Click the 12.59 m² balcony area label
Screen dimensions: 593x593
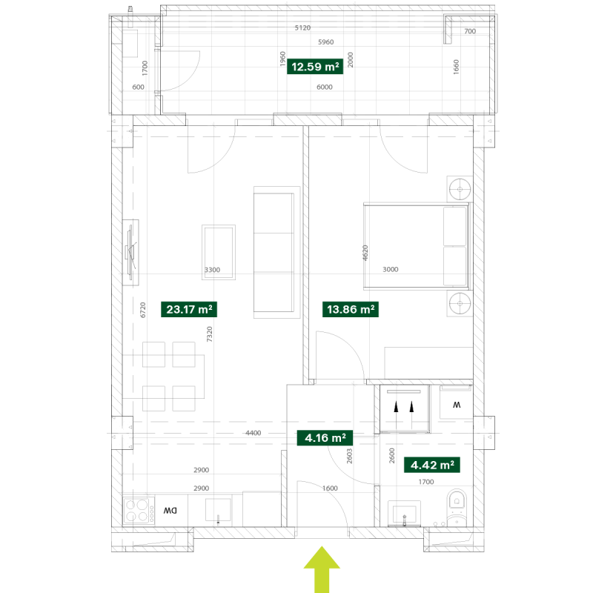(x=315, y=67)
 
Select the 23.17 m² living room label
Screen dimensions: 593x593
(x=189, y=309)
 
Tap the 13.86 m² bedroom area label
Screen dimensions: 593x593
(x=351, y=309)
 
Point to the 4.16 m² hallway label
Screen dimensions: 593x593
(x=325, y=438)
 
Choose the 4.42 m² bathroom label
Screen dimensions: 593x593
(x=432, y=465)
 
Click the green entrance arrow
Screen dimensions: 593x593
(x=322, y=569)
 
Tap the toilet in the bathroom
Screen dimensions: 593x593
(x=457, y=508)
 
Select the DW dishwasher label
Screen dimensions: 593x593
(x=170, y=511)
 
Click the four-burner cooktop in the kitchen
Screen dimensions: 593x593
(x=139, y=511)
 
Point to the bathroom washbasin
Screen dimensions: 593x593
(x=404, y=513)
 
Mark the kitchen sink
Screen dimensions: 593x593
(x=218, y=510)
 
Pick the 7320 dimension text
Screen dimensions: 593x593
(x=210, y=334)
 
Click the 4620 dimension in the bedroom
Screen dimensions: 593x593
(x=365, y=253)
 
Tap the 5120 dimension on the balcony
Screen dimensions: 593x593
(x=302, y=27)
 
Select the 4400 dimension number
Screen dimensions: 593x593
(x=253, y=433)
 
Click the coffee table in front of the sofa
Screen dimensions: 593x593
(x=219, y=252)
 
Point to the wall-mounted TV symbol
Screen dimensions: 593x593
(x=131, y=252)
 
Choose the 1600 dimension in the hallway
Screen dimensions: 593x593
(x=330, y=488)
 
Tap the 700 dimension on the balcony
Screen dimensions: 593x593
(x=470, y=31)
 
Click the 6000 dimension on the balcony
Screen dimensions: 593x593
(x=325, y=87)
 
